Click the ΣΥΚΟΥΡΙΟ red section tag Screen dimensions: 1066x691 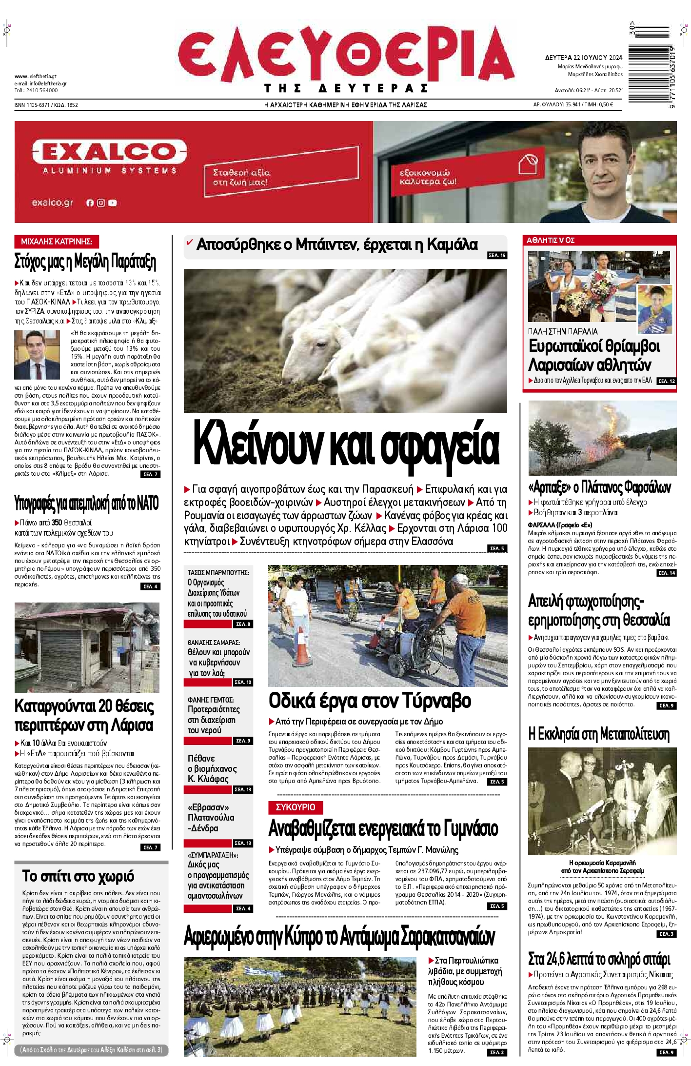(296, 807)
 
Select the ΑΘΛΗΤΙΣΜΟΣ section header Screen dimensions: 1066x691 (551, 240)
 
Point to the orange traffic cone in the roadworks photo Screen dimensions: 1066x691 (302, 647)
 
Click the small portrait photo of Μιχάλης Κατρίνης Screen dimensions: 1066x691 (37, 355)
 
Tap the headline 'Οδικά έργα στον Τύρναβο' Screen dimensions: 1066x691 (370, 701)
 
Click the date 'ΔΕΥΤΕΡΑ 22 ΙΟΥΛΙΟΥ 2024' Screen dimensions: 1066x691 (583, 58)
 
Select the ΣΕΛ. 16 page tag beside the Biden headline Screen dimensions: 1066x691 (497, 255)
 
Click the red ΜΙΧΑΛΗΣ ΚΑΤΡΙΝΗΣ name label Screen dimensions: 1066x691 (57, 241)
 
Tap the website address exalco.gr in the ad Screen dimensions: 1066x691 (52, 202)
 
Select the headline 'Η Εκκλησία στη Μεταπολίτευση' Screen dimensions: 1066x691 (598, 734)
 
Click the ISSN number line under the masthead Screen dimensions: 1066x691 (46, 105)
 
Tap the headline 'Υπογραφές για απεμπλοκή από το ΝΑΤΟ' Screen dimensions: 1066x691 (87, 503)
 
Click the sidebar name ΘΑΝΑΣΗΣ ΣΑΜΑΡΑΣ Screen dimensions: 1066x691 (214, 643)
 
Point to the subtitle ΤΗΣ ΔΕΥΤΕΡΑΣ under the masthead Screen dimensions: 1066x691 (346, 88)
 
